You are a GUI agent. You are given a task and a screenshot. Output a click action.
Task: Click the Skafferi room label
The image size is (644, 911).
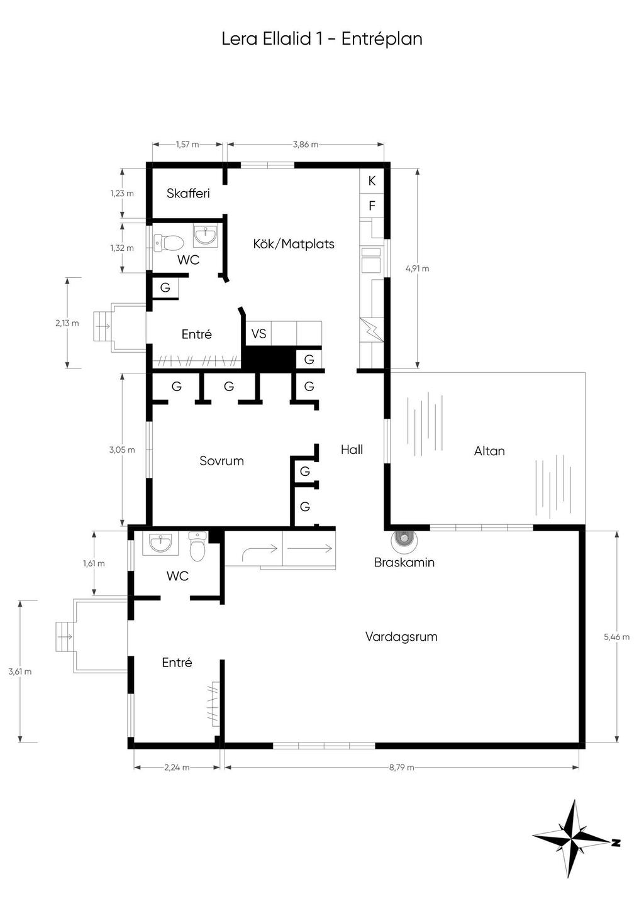click(x=188, y=194)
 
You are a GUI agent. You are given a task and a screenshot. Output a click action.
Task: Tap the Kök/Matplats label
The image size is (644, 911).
click(x=294, y=244)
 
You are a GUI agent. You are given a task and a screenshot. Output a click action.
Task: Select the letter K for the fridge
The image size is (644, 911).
click(x=372, y=181)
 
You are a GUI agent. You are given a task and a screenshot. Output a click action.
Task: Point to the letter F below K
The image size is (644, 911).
click(x=372, y=206)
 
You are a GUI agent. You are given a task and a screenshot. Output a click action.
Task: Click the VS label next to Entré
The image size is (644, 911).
click(x=259, y=334)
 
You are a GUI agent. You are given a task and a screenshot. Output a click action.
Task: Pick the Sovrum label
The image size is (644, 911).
click(x=221, y=461)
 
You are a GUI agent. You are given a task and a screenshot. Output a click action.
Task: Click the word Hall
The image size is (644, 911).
click(x=352, y=450)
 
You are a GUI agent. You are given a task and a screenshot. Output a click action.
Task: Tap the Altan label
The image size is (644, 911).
click(x=489, y=451)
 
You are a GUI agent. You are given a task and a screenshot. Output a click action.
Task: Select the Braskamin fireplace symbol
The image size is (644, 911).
click(x=404, y=539)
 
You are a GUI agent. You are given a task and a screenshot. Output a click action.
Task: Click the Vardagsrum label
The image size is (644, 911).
click(x=401, y=637)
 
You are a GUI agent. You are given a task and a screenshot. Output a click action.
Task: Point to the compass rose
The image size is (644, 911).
click(x=573, y=839)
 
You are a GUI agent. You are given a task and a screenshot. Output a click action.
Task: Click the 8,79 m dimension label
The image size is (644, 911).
click(x=401, y=767)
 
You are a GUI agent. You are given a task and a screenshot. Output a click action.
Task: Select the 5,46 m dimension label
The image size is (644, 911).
click(x=616, y=637)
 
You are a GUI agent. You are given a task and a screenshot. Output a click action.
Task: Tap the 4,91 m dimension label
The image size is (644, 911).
click(x=418, y=268)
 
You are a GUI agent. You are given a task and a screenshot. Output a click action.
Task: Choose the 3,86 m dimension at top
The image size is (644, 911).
click(x=305, y=145)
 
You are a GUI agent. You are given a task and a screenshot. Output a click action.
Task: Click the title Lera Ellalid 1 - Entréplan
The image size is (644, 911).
click(x=322, y=39)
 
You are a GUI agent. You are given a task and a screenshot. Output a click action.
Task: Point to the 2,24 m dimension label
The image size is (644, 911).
click(x=177, y=767)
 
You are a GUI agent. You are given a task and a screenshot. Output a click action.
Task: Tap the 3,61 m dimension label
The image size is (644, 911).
click(x=20, y=671)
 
